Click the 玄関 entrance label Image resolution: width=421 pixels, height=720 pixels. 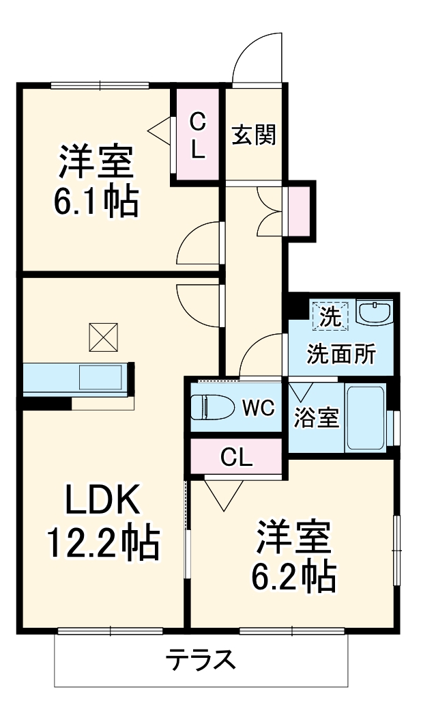pos(254,135)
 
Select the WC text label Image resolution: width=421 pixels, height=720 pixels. pos(259,409)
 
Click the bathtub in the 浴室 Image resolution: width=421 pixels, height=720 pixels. pos(366,417)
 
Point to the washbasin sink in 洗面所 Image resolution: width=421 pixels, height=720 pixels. pos(373,314)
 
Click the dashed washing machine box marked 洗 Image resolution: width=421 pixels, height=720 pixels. pos(330,316)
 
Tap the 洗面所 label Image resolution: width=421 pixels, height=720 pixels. pos(340,353)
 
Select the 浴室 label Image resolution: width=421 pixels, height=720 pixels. pos(317,418)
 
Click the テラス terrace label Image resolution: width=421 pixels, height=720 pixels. pos(201,661)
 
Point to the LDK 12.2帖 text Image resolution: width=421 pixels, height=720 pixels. pos(102,522)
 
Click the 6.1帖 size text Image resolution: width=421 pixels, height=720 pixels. pos(96,201)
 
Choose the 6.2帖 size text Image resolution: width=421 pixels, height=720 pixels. pos(294,577)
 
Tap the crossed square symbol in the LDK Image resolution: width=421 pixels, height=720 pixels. pos(102,335)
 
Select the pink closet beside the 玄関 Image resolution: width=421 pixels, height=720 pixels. pos(197,135)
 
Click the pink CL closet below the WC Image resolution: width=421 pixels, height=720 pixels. pos(236,456)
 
